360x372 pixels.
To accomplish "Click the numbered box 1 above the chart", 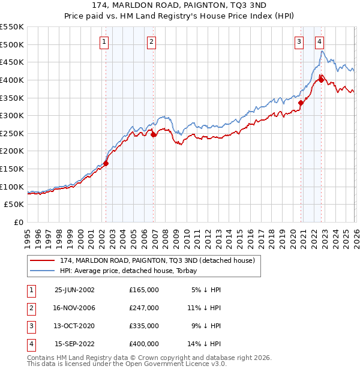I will [x=104, y=41].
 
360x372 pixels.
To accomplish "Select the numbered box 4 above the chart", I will [x=320, y=41].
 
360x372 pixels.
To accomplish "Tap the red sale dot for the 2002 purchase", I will [x=106, y=163].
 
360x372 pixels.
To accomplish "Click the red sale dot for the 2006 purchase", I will [x=154, y=134].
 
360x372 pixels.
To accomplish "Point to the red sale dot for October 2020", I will [x=301, y=103].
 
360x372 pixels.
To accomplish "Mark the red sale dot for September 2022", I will [x=322, y=80].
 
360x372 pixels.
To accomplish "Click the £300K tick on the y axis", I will [x=12, y=115].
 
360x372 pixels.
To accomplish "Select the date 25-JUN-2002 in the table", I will [x=74, y=289].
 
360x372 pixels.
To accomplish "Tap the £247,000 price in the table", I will [x=143, y=307].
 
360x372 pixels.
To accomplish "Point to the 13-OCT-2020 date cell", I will [x=74, y=326].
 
